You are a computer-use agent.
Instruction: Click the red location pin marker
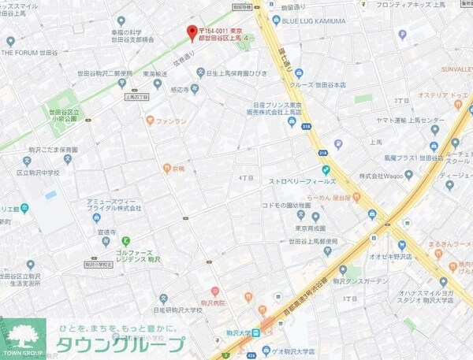(x=191, y=32)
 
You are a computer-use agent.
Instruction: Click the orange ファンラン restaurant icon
(x=150, y=121)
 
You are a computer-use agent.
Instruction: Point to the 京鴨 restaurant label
(x=178, y=168)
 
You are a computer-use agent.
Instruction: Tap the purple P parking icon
(x=402, y=35)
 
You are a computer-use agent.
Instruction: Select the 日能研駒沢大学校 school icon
(x=163, y=298)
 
